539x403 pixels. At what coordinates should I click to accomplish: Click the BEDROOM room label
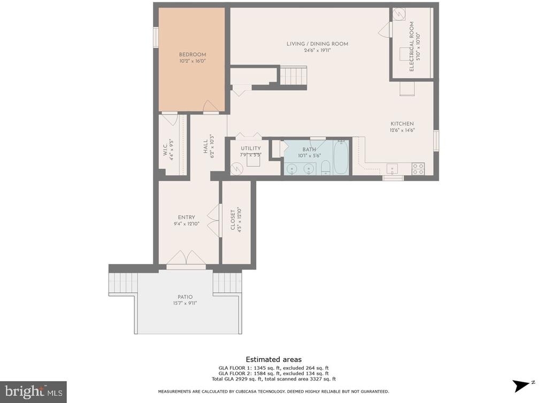[x=192, y=55]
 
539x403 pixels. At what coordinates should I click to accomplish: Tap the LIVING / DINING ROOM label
[x=317, y=44]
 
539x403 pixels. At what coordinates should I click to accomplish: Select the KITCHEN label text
[x=402, y=123]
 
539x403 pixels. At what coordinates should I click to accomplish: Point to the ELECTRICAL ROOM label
[x=412, y=46]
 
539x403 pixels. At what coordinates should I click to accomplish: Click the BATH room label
[x=309, y=150]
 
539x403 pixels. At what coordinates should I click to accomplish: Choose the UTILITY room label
[x=251, y=149]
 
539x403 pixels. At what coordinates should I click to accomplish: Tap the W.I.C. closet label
[x=165, y=150]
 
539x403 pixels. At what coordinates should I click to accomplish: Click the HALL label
[x=205, y=146]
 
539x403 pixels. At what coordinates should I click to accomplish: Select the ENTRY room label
[x=186, y=218]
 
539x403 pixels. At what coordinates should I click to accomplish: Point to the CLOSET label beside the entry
[x=233, y=220]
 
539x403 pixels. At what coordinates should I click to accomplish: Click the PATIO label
[x=185, y=297]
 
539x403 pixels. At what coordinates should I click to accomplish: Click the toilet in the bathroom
[x=325, y=168]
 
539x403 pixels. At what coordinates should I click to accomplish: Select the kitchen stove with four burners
[x=418, y=169]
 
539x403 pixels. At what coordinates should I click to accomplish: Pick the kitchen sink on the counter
[x=392, y=169]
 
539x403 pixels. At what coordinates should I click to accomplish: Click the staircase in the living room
[x=292, y=76]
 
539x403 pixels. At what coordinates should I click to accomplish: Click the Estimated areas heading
[x=274, y=359]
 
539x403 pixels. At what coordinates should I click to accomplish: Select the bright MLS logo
[x=33, y=392]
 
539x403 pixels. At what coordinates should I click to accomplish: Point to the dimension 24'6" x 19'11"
[x=317, y=50]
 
